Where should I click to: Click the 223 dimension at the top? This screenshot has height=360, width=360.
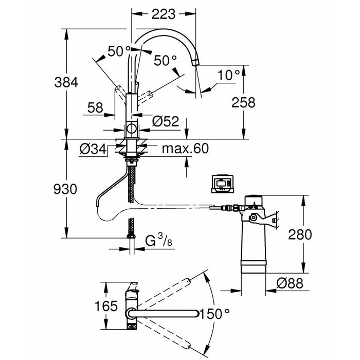(x=164, y=13)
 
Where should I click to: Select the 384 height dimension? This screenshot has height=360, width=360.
(x=67, y=82)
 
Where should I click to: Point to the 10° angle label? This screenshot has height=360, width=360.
(x=228, y=75)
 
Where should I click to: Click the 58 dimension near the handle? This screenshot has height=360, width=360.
(x=95, y=108)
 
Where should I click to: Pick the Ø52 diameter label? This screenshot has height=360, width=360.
(x=165, y=121)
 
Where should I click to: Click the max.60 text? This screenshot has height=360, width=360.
(x=185, y=149)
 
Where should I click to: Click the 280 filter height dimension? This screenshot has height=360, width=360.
(x=299, y=235)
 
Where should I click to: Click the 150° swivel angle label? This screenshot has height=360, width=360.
(x=214, y=313)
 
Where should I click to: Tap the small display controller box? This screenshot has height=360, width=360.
(x=223, y=184)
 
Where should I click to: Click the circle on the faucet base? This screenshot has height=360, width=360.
(x=132, y=130)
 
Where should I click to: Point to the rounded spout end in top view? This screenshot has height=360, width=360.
(x=196, y=313)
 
